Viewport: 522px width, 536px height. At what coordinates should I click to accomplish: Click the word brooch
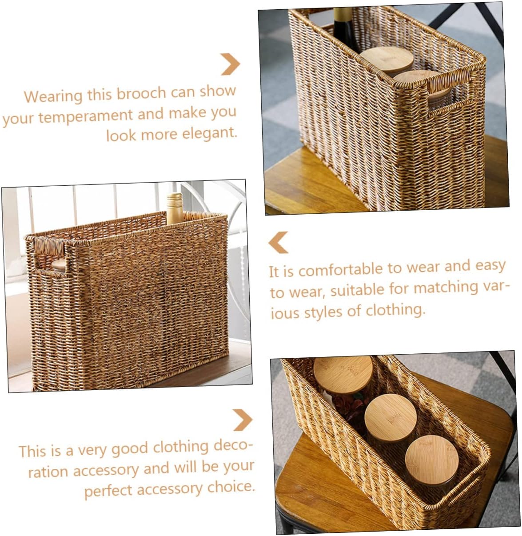[139, 93]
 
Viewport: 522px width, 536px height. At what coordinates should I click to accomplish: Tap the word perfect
[108, 491]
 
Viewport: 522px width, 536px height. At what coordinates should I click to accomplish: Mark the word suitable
[357, 290]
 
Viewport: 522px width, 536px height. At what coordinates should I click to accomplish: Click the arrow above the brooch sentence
[230, 64]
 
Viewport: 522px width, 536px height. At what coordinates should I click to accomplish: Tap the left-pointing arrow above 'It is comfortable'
[279, 243]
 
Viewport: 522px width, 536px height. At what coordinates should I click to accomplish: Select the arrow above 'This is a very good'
[242, 420]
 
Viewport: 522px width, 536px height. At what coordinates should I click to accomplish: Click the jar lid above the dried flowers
[343, 373]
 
